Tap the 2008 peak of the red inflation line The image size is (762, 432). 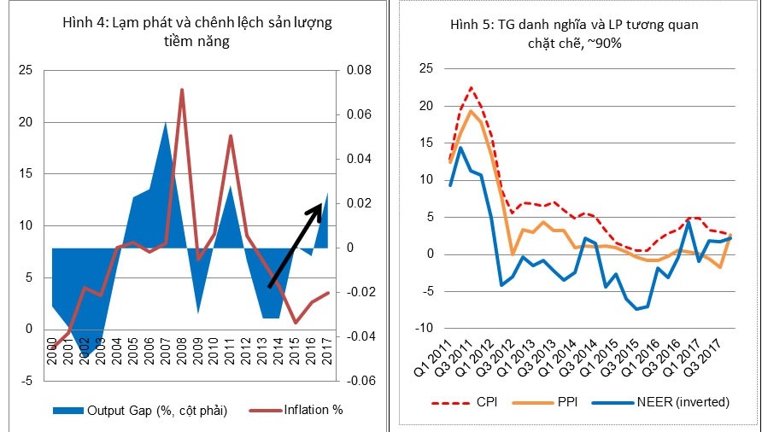pyautogui.click(x=182, y=90)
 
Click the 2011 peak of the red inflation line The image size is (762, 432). pyautogui.click(x=231, y=136)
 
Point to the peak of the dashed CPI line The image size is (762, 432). pyautogui.click(x=471, y=87)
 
